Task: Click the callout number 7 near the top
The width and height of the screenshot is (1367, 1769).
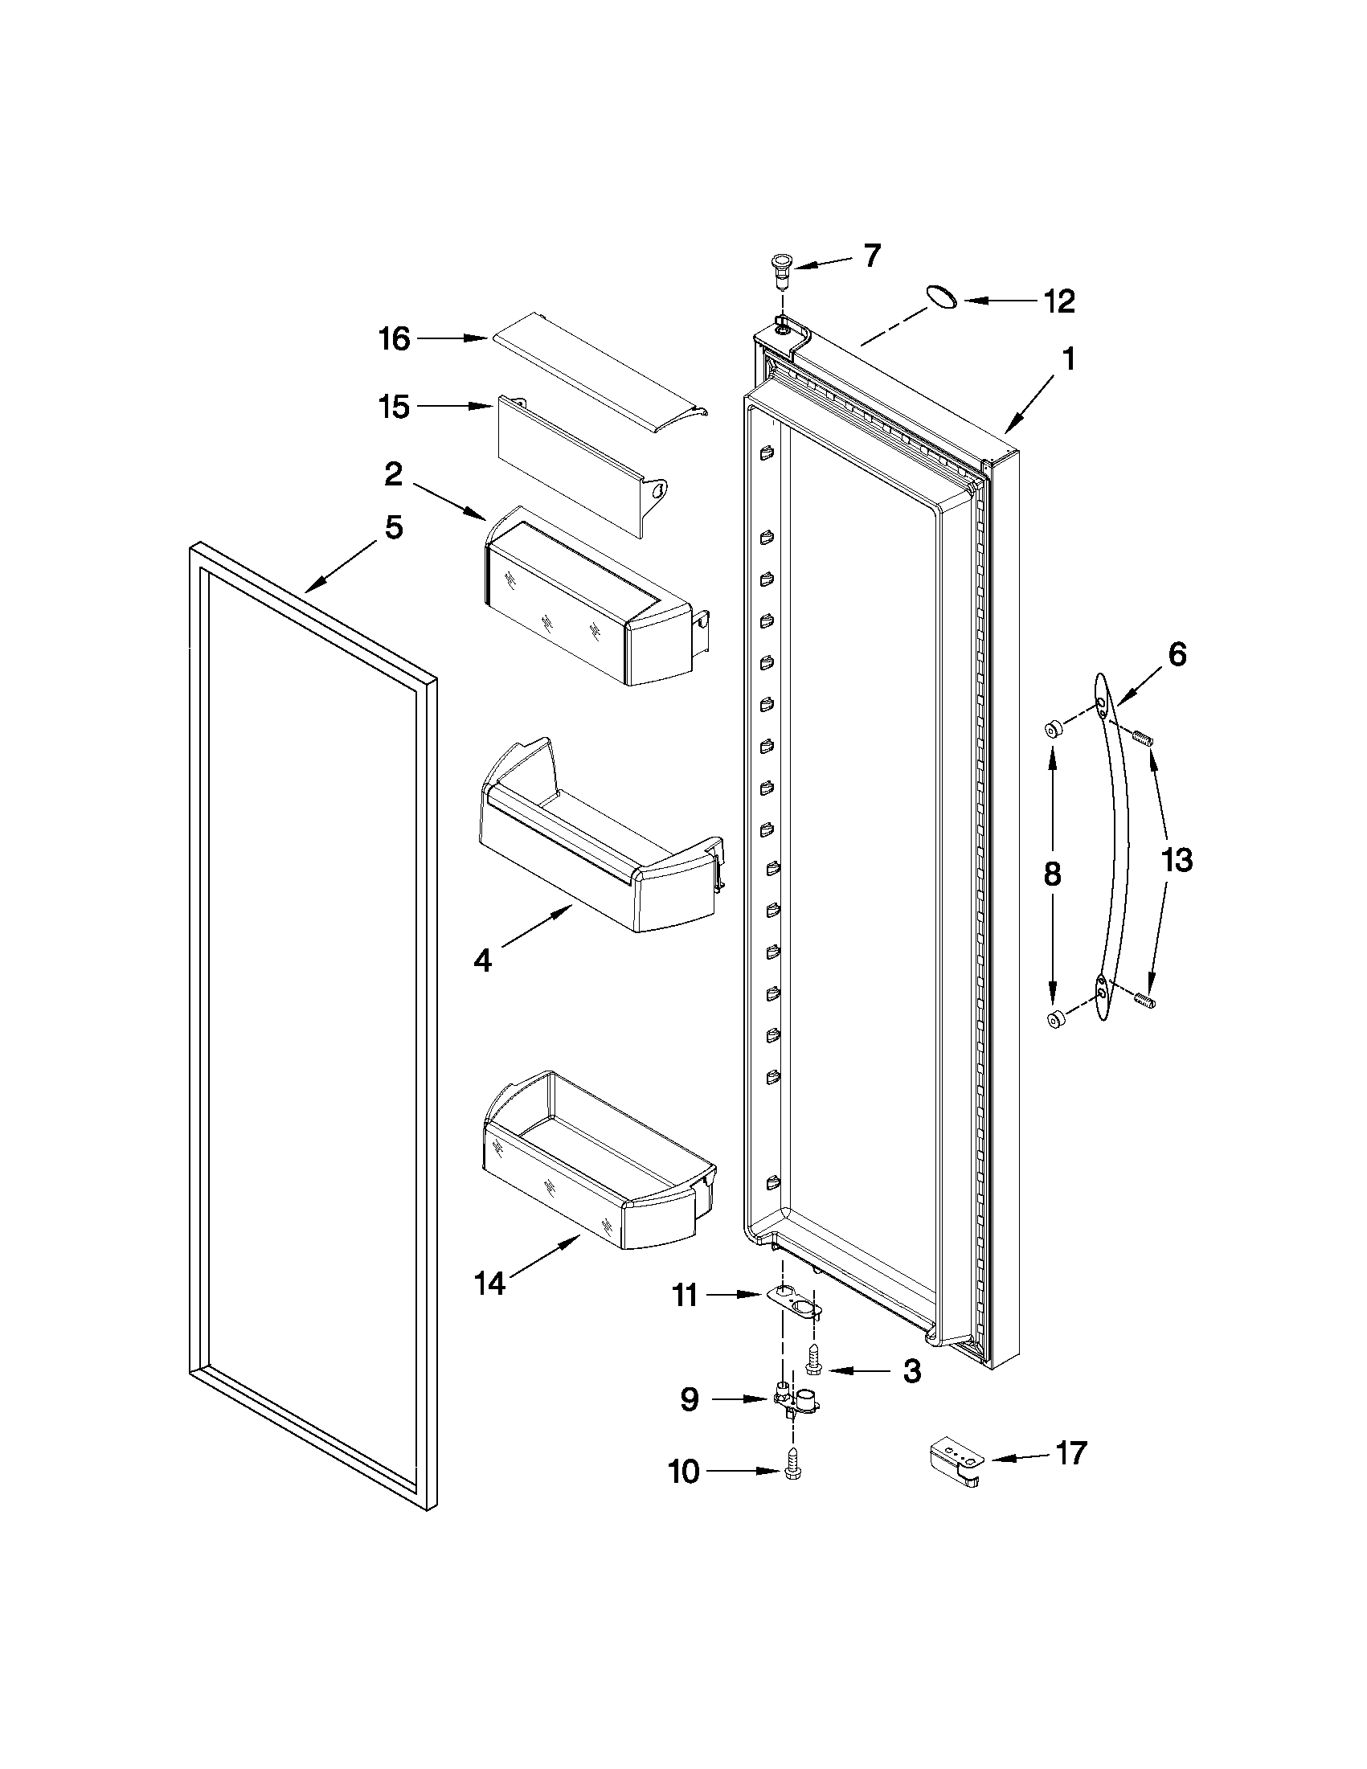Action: (870, 256)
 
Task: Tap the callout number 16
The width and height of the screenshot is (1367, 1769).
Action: (395, 338)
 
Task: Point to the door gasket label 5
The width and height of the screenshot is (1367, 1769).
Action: (393, 528)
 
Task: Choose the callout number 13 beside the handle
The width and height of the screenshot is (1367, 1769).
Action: (1177, 859)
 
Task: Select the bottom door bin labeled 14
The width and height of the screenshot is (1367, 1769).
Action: (596, 1162)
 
